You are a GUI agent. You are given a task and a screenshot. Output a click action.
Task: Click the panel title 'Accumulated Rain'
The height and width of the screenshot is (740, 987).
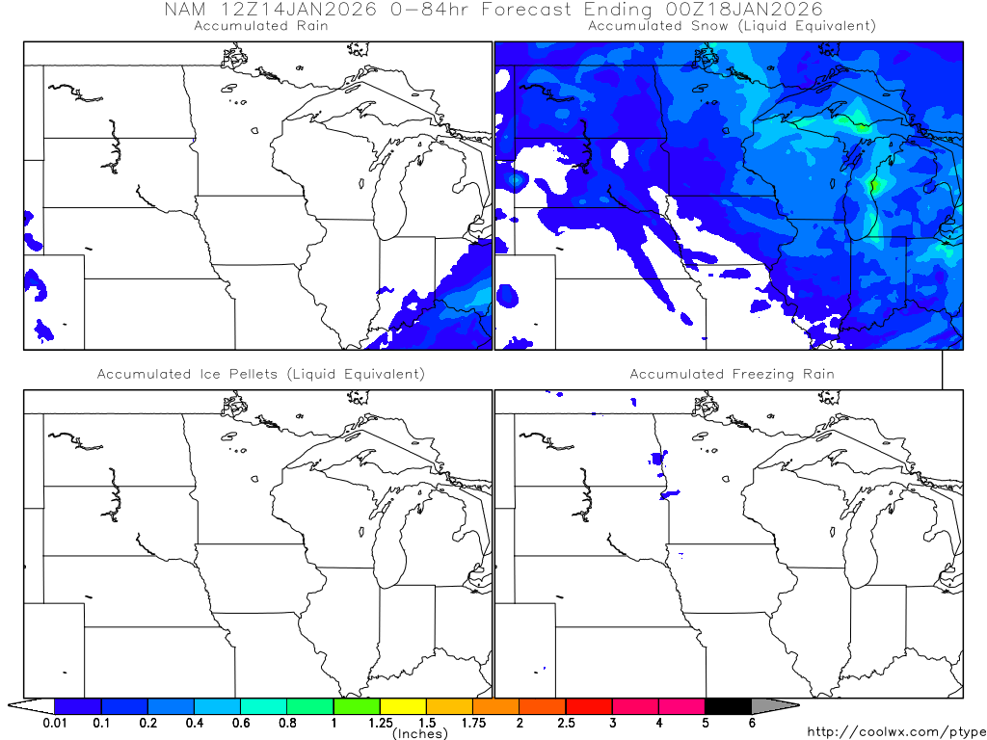coord(260,26)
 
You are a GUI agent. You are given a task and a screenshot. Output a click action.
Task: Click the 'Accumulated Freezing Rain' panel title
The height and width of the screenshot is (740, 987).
coord(732,374)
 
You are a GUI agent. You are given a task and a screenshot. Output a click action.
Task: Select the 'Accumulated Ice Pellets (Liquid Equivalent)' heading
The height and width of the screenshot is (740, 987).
coord(260,374)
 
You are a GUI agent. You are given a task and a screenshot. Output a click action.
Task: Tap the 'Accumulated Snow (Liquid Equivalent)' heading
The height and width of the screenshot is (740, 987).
coord(732,26)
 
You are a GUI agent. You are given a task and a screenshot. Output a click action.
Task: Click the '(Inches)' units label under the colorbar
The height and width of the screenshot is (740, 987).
coord(420,734)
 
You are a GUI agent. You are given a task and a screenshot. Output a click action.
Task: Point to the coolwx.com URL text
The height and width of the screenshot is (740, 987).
coord(894,733)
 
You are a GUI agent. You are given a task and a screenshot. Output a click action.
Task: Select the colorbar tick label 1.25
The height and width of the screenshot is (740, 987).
coord(380,723)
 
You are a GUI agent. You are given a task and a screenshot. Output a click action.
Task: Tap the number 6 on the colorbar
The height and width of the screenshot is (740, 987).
coord(752,723)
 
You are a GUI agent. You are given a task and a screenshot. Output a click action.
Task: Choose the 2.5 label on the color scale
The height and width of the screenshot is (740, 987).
coord(566,723)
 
